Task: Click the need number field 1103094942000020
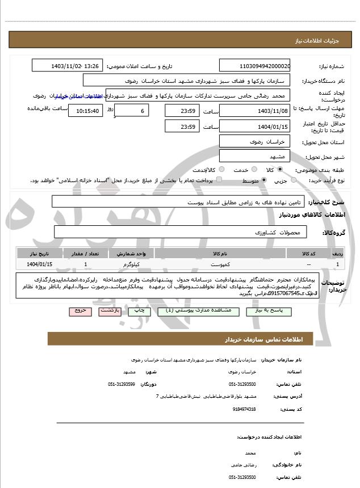[x=255, y=66]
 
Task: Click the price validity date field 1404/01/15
[x=255, y=126]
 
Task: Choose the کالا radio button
[x=280, y=170]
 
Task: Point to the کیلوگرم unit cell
[x=132, y=264]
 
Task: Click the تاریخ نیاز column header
[x=40, y=253]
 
